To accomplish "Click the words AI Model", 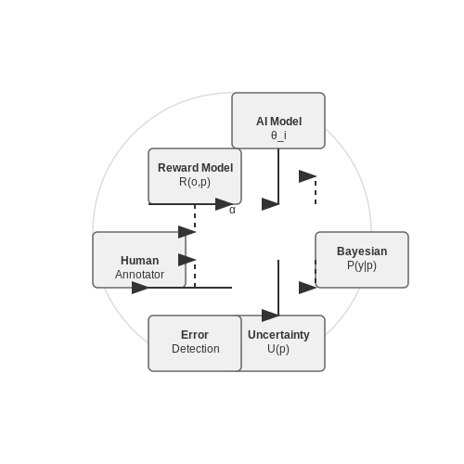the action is [x=278, y=122].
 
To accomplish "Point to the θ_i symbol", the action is [x=278, y=135].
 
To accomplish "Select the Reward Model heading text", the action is [x=195, y=168].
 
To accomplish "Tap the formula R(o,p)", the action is [x=195, y=182].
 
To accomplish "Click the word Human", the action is [x=139, y=261].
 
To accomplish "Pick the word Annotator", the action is [x=139, y=275].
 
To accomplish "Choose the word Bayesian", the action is [x=362, y=251].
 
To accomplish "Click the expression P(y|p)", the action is [x=362, y=265].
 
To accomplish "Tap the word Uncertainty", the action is [x=278, y=335].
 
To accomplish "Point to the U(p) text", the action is [x=278, y=349].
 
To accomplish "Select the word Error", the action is [x=195, y=335].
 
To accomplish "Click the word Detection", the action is [x=196, y=349].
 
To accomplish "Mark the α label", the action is [x=232, y=210].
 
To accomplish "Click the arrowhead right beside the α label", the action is [x=224, y=204].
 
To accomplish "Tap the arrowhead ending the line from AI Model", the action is [x=270, y=204].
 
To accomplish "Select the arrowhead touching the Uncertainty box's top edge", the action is [x=270, y=316].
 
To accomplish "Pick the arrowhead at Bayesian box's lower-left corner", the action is [x=307, y=288].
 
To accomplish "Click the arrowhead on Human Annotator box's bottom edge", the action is [x=140, y=288].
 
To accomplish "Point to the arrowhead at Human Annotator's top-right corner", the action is [x=187, y=232].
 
